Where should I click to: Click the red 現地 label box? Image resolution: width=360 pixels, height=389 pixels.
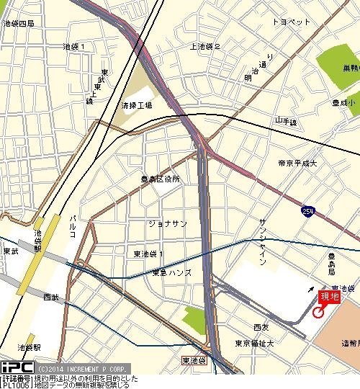tap(328, 295)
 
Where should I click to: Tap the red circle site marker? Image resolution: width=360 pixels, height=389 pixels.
tap(318, 312)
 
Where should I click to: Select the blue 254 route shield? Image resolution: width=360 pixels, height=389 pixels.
tap(307, 210)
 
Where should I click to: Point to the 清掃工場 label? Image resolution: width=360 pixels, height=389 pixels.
tap(137, 104)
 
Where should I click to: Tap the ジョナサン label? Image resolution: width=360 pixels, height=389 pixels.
tap(167, 223)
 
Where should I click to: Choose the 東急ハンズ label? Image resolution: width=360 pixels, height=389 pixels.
tap(171, 272)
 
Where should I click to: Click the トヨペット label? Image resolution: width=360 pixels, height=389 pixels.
tap(292, 22)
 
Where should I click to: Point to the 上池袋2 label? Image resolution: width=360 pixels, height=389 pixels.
tap(205, 47)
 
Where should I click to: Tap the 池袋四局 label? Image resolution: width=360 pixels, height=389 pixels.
tap(19, 23)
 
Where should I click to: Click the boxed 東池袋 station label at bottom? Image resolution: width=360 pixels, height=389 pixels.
tap(194, 359)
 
